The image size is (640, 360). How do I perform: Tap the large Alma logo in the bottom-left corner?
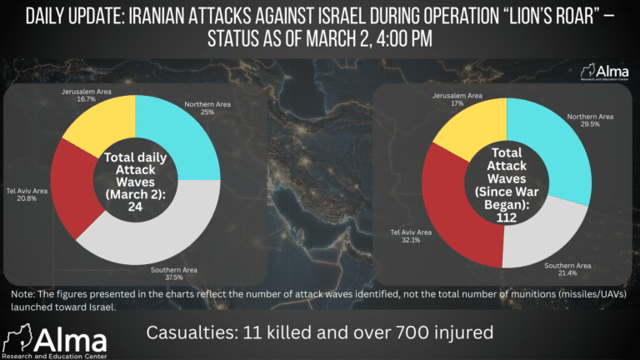coord(54,342)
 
